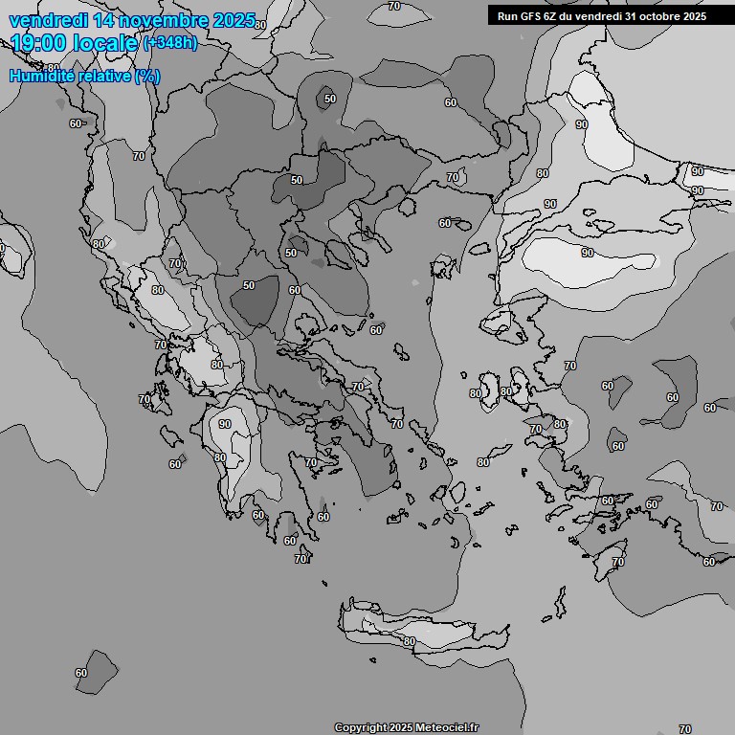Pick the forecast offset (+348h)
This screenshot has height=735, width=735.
[x=169, y=43]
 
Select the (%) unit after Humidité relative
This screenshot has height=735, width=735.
[x=147, y=77]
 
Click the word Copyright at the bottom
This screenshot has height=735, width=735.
[x=361, y=728]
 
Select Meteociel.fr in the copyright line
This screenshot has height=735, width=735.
[x=447, y=728]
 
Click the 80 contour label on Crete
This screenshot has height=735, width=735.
[x=409, y=641]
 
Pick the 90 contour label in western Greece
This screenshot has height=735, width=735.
[x=225, y=424]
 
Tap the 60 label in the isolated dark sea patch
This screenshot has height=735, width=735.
[x=81, y=673]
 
